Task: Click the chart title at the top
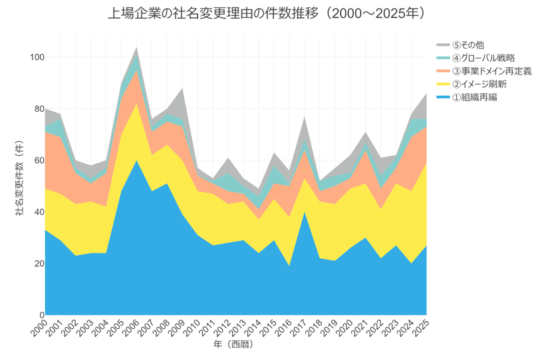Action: click(x=266, y=14)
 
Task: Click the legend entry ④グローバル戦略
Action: click(x=482, y=58)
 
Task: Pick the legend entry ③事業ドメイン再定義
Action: click(x=489, y=71)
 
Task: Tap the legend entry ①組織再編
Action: click(x=475, y=97)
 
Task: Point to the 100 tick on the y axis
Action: click(x=37, y=58)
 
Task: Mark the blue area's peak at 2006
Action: click(x=137, y=160)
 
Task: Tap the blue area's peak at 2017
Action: click(x=305, y=212)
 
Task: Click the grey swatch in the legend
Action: click(x=443, y=45)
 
